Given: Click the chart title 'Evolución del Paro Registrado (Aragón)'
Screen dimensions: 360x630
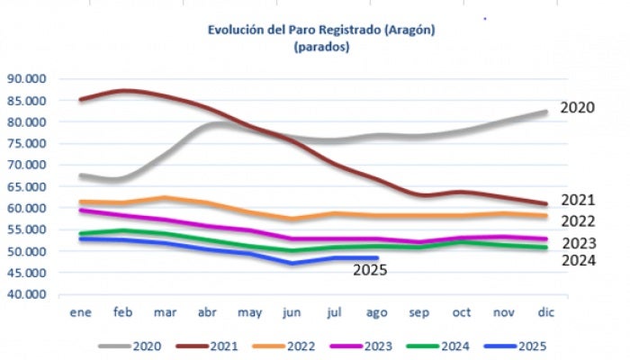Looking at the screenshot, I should pyautogui.click(x=320, y=30).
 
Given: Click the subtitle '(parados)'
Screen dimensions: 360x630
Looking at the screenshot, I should pyautogui.click(x=320, y=47).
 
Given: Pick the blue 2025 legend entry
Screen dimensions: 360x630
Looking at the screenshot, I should pyautogui.click(x=519, y=346).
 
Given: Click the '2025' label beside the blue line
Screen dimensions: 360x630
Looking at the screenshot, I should pyautogui.click(x=369, y=268).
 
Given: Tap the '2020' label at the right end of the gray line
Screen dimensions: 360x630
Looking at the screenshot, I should pyautogui.click(x=577, y=108).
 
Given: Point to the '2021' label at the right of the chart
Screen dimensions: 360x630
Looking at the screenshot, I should pyautogui.click(x=577, y=200).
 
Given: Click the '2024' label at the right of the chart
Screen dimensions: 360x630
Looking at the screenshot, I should pyautogui.click(x=577, y=261).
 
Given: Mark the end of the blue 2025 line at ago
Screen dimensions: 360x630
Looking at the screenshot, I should pyautogui.click(x=376, y=258).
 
